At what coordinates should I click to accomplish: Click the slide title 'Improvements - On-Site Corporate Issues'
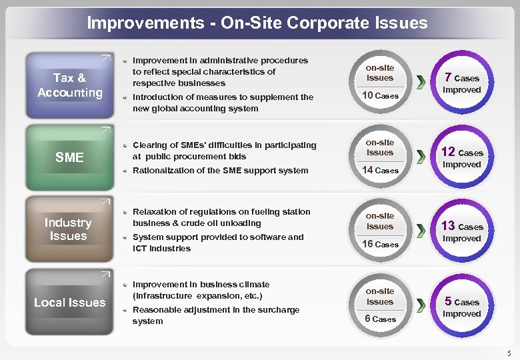pyautogui.click(x=257, y=23)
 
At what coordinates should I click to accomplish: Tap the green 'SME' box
pyautogui.click(x=69, y=157)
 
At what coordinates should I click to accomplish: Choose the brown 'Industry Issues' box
pyautogui.click(x=68, y=229)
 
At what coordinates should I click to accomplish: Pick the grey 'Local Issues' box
pyautogui.click(x=69, y=303)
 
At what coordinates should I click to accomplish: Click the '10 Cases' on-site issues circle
pyautogui.click(x=380, y=83)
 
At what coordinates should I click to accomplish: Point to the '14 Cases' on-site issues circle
pyautogui.click(x=380, y=157)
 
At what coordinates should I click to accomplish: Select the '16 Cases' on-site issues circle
pyautogui.click(x=380, y=231)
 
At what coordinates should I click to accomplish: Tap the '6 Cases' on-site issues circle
pyautogui.click(x=380, y=305)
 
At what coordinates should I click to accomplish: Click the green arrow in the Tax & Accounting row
pyautogui.click(x=421, y=83)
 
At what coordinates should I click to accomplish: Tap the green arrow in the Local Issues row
pyautogui.click(x=421, y=306)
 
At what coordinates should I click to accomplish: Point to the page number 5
pyautogui.click(x=509, y=353)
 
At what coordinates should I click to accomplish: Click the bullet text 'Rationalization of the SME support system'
pyautogui.click(x=211, y=171)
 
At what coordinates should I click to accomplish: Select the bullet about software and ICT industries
pyautogui.click(x=218, y=243)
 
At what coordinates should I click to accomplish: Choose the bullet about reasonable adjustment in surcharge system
pyautogui.click(x=216, y=315)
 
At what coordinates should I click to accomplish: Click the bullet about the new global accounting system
pyautogui.click(x=223, y=103)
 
